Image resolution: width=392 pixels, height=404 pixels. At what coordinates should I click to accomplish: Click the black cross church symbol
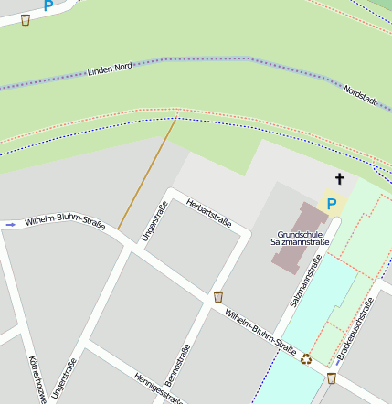point(339,179)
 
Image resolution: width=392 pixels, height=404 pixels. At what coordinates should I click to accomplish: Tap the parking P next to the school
point(332,204)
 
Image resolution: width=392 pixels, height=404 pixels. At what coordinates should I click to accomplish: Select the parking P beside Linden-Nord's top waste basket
point(48,5)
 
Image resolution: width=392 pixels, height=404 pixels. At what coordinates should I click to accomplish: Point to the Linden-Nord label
point(111,69)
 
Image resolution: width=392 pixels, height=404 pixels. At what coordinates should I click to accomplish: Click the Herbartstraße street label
point(208,212)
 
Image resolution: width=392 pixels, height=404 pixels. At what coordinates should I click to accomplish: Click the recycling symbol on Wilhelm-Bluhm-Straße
point(306,359)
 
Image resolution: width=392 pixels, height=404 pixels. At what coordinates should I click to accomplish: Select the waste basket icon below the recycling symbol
point(331,377)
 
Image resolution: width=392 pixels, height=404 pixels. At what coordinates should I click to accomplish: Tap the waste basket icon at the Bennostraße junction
point(217,296)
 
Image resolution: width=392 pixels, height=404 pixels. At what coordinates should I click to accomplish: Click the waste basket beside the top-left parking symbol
point(25,19)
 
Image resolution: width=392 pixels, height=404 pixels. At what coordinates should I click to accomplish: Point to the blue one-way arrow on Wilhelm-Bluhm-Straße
point(10,224)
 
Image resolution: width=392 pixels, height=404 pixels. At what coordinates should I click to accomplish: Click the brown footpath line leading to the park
point(146,174)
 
